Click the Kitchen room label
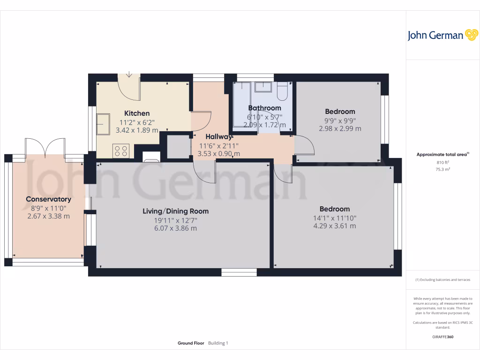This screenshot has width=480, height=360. click(x=137, y=113)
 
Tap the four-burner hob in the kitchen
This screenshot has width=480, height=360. click(x=120, y=151)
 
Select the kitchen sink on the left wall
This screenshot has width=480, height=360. click(x=102, y=123)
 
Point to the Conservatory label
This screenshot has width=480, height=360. click(x=48, y=199)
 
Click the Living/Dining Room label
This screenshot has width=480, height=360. click(x=176, y=211)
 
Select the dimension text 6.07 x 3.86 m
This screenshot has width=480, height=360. click(x=176, y=228)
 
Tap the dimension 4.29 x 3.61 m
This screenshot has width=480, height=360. click(x=335, y=226)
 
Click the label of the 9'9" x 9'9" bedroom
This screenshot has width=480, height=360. click(x=340, y=112)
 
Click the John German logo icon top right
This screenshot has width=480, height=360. click(x=471, y=35)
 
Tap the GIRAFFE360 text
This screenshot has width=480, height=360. click(x=442, y=337)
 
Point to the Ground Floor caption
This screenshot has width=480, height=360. click(x=191, y=343)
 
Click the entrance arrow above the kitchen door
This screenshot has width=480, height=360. click(x=129, y=74)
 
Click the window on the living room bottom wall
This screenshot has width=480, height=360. click(x=239, y=272)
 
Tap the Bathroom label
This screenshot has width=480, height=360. click(x=264, y=108)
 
